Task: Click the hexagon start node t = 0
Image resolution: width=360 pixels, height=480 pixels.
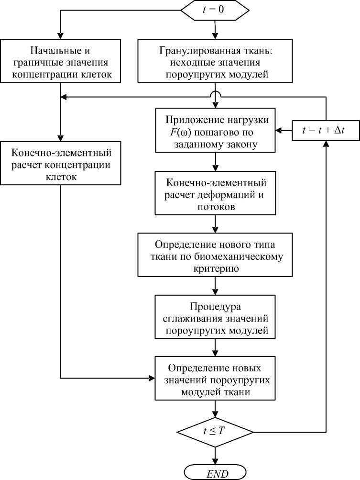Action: (x=216, y=10)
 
